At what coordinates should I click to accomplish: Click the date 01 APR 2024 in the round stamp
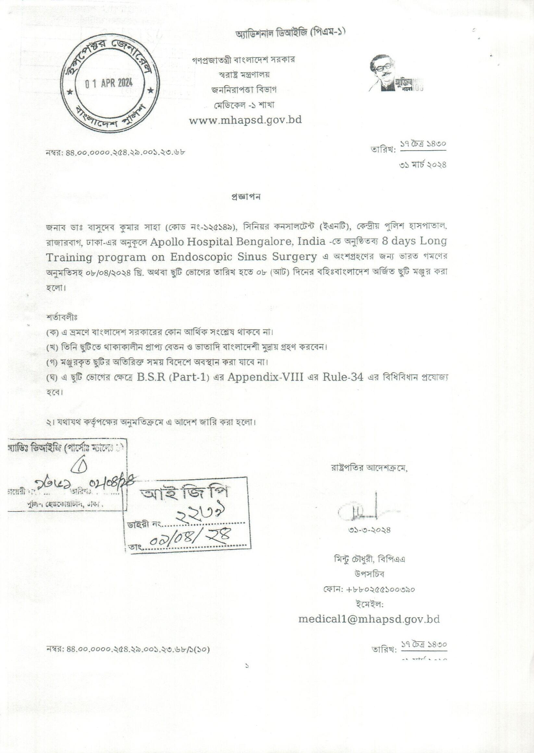pos(108,83)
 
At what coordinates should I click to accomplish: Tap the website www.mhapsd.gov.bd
pos(245,120)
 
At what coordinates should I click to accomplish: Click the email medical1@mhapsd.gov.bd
pos(369,619)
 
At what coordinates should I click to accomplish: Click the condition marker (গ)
pos(52,363)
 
